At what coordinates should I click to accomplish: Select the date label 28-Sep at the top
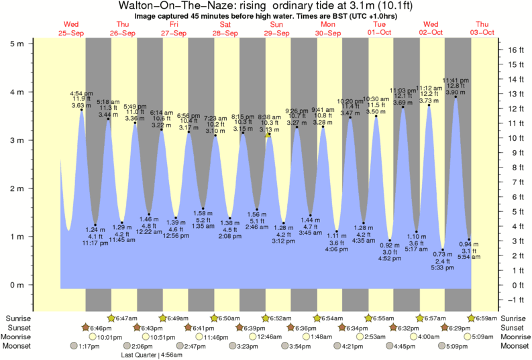[225, 32]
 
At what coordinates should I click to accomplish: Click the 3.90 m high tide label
[456, 91]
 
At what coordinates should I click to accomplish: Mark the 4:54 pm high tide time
[82, 93]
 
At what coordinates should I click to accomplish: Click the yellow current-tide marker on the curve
[268, 134]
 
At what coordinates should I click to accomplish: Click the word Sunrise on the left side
[18, 317]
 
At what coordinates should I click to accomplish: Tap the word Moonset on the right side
[514, 346]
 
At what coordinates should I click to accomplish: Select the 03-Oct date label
[482, 32]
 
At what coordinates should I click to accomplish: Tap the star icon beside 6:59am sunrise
[472, 317]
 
